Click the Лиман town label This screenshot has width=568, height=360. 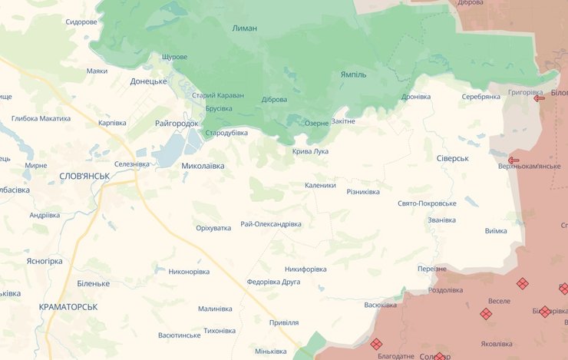244,28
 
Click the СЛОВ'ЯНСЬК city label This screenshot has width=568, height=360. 84,177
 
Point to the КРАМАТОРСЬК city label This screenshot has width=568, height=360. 68,306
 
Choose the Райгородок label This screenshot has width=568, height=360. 177,123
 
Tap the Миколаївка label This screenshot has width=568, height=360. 203,165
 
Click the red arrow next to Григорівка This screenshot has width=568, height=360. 539,98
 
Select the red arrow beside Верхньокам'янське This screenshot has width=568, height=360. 514,160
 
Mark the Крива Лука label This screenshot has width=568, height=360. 310,151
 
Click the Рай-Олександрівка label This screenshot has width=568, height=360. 271,224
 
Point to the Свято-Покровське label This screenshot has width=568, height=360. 427,203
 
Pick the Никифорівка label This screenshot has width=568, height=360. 305,269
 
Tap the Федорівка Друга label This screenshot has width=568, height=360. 274,282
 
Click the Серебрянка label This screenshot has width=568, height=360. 481,97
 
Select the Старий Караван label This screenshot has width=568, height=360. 218,95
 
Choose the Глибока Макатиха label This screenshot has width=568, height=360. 41,118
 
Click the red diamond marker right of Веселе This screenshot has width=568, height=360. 522,283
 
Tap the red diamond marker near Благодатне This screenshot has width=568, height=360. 376,344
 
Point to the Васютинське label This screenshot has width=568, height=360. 179,335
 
